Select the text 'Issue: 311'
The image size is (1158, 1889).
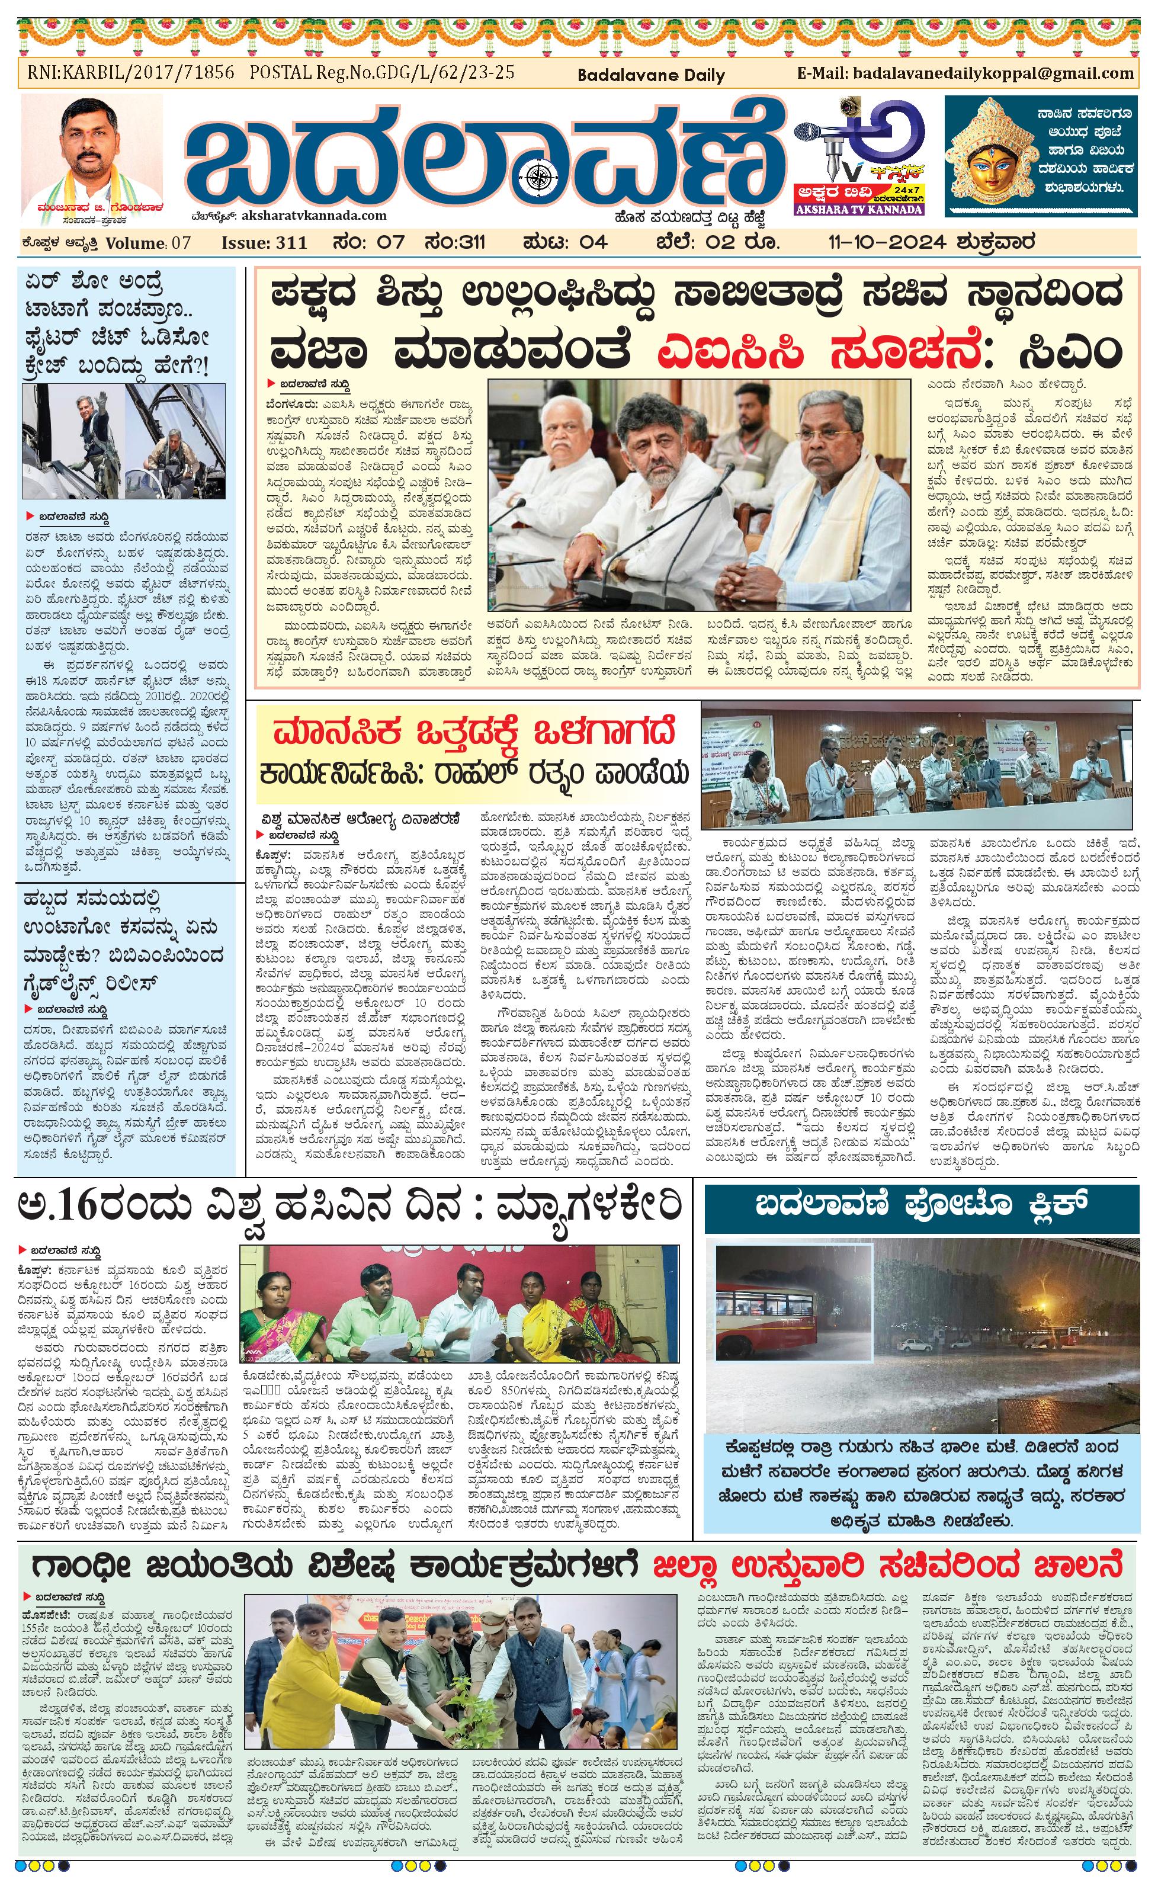pos(264,243)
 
